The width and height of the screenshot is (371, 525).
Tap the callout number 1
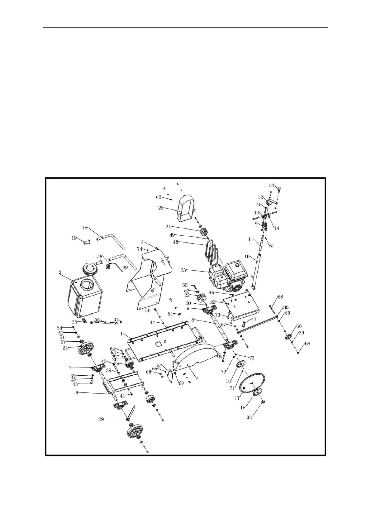point(123,333)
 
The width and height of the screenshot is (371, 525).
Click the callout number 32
point(249,417)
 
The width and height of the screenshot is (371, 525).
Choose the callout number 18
point(85,228)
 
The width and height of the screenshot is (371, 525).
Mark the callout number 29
point(101,419)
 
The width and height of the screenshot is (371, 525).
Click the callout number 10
point(247,257)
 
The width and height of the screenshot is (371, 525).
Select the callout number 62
point(159,197)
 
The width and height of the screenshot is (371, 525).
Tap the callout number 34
point(271,186)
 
